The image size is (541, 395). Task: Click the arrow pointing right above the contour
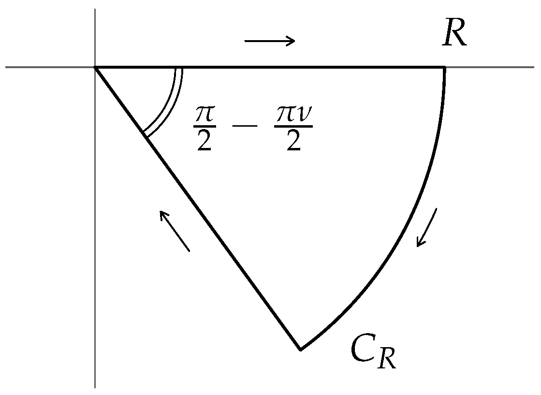pos(270,41)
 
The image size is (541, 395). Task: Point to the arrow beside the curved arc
pos(427,227)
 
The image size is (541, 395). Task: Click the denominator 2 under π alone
pos(205,143)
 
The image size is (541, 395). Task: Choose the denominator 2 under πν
pos(293,143)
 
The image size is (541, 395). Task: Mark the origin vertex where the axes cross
pos(95,67)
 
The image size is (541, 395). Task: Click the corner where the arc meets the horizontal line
pos(444,67)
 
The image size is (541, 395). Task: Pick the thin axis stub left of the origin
pos(48,67)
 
